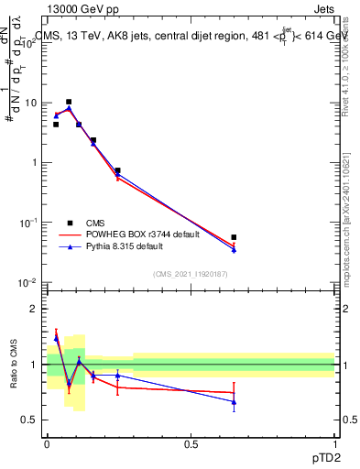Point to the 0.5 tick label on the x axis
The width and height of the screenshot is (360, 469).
click(x=191, y=444)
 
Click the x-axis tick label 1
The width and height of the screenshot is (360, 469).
click(x=335, y=444)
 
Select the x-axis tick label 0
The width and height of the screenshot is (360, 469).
click(x=47, y=444)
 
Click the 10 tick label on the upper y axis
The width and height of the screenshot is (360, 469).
click(x=31, y=103)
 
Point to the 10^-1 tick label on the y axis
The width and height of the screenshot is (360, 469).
click(x=28, y=223)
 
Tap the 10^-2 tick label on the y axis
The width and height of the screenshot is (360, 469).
click(x=28, y=282)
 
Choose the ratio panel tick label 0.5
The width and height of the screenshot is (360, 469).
click(x=30, y=420)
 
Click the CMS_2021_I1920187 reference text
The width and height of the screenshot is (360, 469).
click(x=191, y=273)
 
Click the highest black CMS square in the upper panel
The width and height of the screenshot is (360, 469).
click(x=69, y=102)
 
